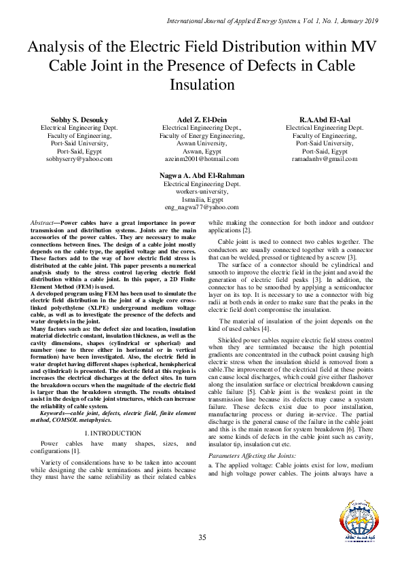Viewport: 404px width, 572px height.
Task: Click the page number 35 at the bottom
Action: coord(202,538)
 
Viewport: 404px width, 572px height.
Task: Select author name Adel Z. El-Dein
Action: coord(202,119)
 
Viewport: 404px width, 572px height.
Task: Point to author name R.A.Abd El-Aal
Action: coord(324,119)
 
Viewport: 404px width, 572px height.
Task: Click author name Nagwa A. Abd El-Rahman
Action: coord(202,175)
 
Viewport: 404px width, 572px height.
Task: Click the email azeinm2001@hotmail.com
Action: coord(202,158)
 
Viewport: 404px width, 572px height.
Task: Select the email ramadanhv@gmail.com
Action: coord(324,158)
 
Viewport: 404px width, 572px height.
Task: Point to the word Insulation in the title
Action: coord(202,85)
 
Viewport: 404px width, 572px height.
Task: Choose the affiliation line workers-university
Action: coord(202,192)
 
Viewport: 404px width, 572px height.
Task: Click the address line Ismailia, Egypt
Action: coord(202,200)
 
